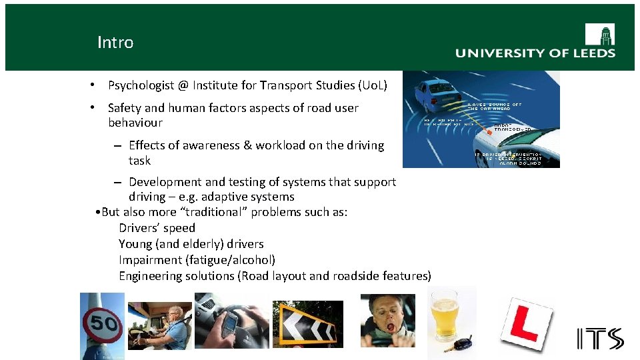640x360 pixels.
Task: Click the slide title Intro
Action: pyautogui.click(x=115, y=43)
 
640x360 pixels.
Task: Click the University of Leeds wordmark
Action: pyautogui.click(x=535, y=53)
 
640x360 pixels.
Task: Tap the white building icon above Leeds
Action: pyautogui.click(x=599, y=34)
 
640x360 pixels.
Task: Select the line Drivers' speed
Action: pyautogui.click(x=157, y=228)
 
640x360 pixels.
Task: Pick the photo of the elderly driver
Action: pyautogui.click(x=161, y=325)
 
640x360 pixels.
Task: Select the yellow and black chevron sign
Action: pyautogui.click(x=307, y=325)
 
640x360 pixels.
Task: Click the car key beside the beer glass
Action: pyautogui.click(x=461, y=344)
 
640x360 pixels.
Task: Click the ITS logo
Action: pyautogui.click(x=600, y=339)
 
